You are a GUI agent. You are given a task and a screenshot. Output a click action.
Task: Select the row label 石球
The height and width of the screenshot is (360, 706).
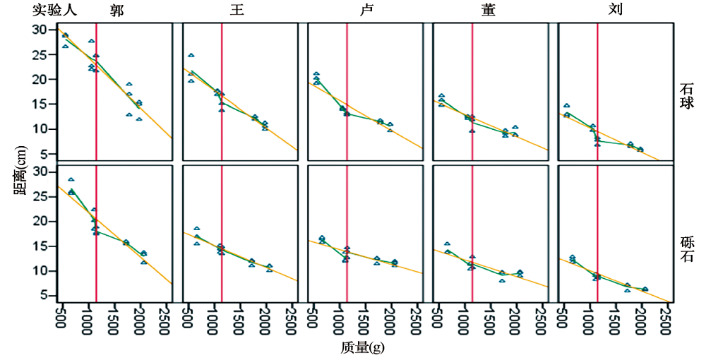(x=686, y=96)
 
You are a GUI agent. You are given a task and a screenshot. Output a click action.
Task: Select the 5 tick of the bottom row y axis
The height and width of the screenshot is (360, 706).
(x=44, y=295)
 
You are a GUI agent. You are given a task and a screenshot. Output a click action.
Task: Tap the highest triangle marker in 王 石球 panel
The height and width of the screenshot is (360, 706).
(x=191, y=55)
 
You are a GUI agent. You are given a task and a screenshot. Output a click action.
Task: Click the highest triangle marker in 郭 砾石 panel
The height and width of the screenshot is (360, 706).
(x=71, y=179)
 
